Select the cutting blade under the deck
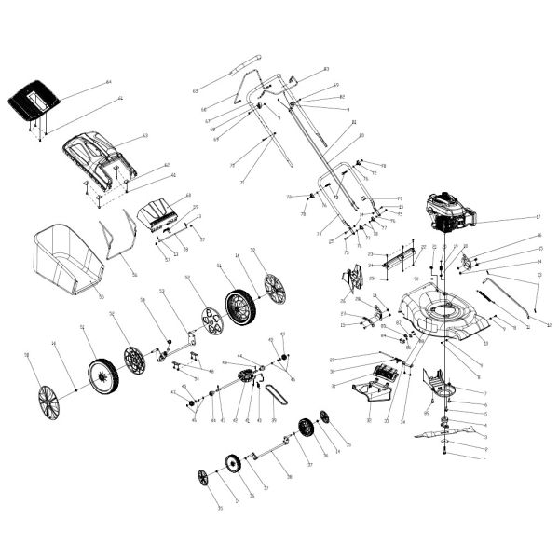451,434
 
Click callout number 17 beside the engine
538,217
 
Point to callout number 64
108,82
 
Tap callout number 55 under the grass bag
101,297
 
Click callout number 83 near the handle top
326,70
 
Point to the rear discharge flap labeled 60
158,213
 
